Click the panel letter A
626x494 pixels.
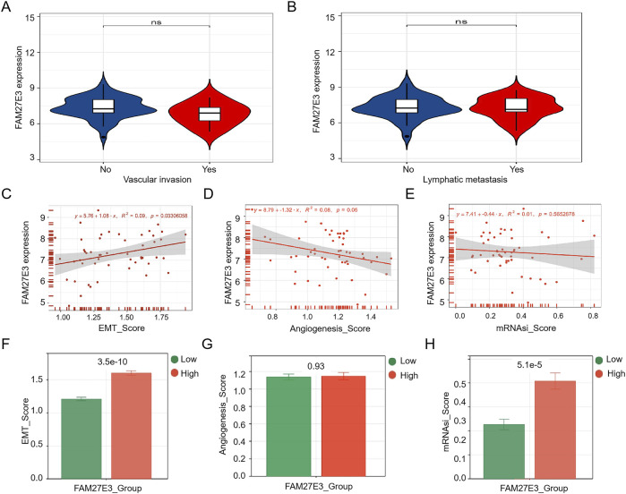pos(10,8)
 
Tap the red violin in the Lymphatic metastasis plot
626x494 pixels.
pos(516,106)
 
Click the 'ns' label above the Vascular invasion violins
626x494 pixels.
pos(156,17)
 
